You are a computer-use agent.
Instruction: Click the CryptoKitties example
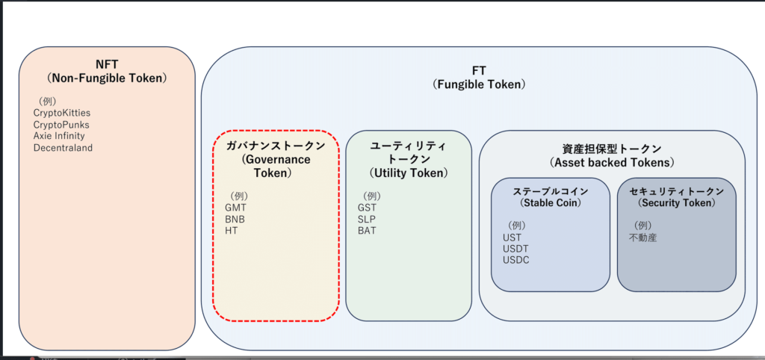(x=62, y=113)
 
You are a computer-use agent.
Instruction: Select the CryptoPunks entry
(x=61, y=125)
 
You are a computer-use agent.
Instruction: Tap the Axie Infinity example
(x=59, y=136)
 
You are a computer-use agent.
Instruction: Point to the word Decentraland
(x=63, y=147)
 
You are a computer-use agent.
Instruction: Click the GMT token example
(x=235, y=208)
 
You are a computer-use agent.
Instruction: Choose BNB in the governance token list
(x=235, y=219)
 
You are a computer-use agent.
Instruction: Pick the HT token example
(x=232, y=231)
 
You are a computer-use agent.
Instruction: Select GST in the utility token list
(x=367, y=208)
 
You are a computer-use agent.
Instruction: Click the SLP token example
(x=366, y=219)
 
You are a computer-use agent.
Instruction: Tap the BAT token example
(x=367, y=231)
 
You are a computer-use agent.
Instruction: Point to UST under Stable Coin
(x=512, y=238)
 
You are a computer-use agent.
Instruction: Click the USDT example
(x=515, y=249)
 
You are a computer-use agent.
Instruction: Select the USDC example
(x=515, y=260)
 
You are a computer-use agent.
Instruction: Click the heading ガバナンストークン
(x=275, y=146)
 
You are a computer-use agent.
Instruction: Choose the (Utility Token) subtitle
(x=409, y=173)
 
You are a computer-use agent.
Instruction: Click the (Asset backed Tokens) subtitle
(x=612, y=162)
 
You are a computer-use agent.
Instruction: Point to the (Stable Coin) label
(x=551, y=202)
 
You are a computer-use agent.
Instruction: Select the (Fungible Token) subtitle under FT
(x=479, y=84)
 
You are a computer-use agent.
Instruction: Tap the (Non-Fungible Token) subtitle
(x=107, y=78)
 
